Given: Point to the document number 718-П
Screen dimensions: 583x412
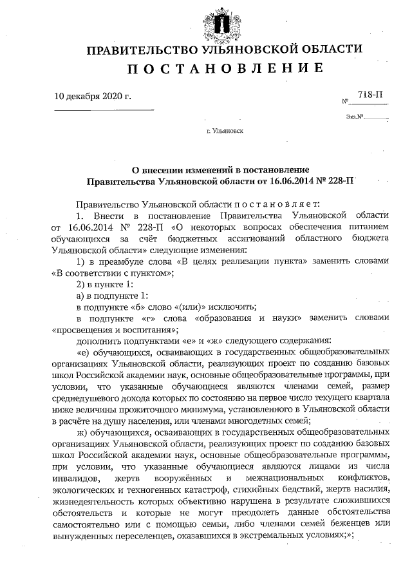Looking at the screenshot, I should coord(370,95).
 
